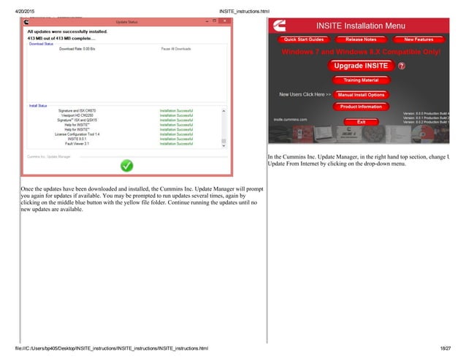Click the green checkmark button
coord(126,166)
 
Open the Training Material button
coord(359,80)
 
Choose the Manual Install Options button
coord(361,94)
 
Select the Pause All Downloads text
coord(177,49)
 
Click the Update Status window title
coord(126,23)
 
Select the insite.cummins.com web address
coord(291,118)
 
